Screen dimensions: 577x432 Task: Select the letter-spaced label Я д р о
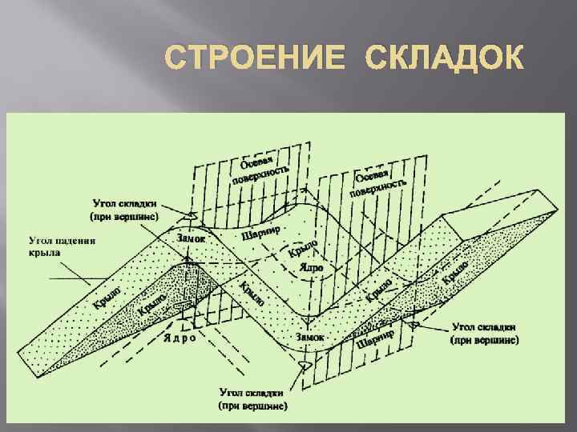click(x=180, y=338)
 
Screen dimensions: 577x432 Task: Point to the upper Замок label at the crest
click(x=190, y=238)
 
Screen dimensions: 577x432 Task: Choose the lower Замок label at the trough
click(x=309, y=337)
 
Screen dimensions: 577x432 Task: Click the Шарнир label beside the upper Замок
click(x=260, y=232)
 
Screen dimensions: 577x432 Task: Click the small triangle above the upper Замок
click(x=190, y=215)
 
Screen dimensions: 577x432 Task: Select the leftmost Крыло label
click(x=107, y=296)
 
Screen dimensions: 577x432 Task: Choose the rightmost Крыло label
click(x=456, y=272)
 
